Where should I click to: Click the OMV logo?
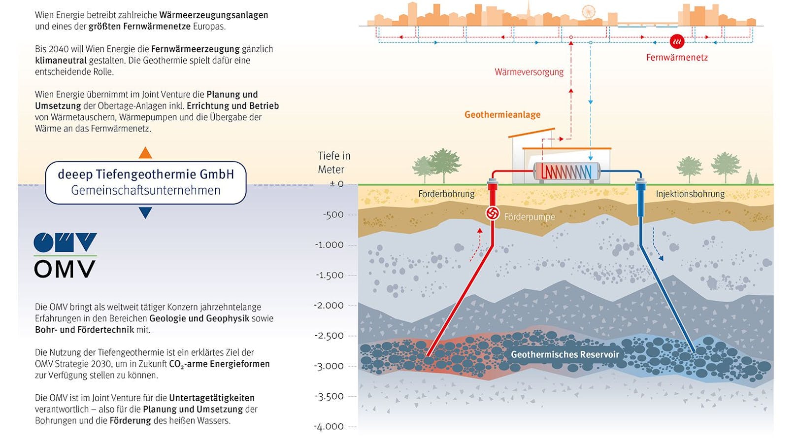tap(65, 255)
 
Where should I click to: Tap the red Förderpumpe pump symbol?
tap(492, 213)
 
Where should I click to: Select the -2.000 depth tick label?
tap(329, 306)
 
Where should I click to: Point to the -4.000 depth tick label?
tap(329, 427)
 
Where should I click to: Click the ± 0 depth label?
tap(336, 184)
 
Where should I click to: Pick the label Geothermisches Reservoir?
tap(564, 354)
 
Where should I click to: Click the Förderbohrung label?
tap(446, 194)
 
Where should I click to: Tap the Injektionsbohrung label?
tap(690, 194)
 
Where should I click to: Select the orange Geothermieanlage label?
tap(502, 115)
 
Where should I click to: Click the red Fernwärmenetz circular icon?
tap(677, 41)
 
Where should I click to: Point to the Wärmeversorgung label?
tap(529, 72)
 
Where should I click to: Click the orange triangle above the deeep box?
tap(145, 153)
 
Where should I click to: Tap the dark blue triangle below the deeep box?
tap(145, 212)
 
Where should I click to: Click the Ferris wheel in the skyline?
tap(588, 11)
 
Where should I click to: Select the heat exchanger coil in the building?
tap(566, 172)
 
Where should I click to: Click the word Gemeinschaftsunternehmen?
tap(146, 191)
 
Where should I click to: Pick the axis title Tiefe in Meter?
tap(333, 163)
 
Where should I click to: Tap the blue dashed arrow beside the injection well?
tap(657, 244)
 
